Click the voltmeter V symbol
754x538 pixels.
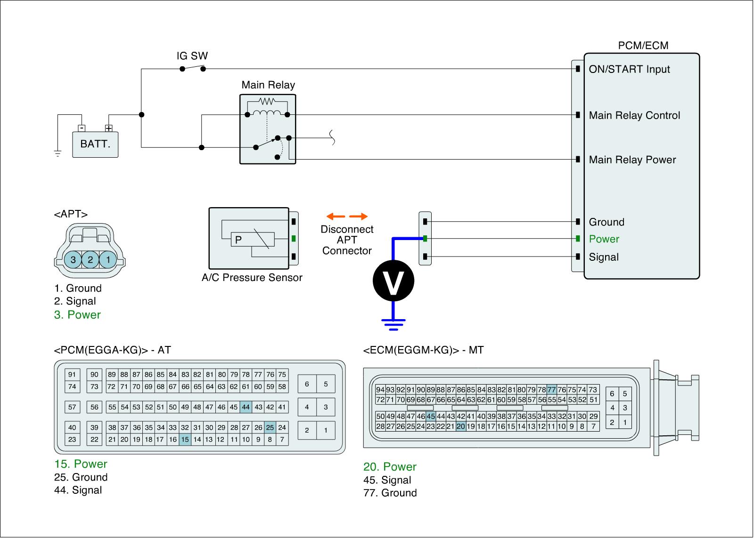coord(393,281)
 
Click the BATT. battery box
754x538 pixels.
coord(95,144)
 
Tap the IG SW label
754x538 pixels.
coord(192,56)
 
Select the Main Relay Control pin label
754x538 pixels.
coord(634,115)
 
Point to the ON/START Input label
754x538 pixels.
coord(629,69)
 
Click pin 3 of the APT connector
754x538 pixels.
coord(73,259)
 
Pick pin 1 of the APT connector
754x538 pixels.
coord(108,259)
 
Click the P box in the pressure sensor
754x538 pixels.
coord(238,240)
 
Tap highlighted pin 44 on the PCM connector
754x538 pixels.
coord(246,407)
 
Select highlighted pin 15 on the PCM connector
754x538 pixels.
coord(185,440)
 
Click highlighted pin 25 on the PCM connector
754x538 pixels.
coord(270,427)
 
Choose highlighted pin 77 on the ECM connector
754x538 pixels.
coord(552,390)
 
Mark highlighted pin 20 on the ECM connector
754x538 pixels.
coord(461,426)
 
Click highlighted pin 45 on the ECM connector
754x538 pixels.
coord(431,416)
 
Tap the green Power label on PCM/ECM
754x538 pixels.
coord(604,239)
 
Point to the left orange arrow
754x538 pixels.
coord(336,217)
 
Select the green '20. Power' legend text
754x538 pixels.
coord(390,467)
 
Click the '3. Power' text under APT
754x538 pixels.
coord(77,315)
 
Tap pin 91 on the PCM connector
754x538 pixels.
coord(72,375)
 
